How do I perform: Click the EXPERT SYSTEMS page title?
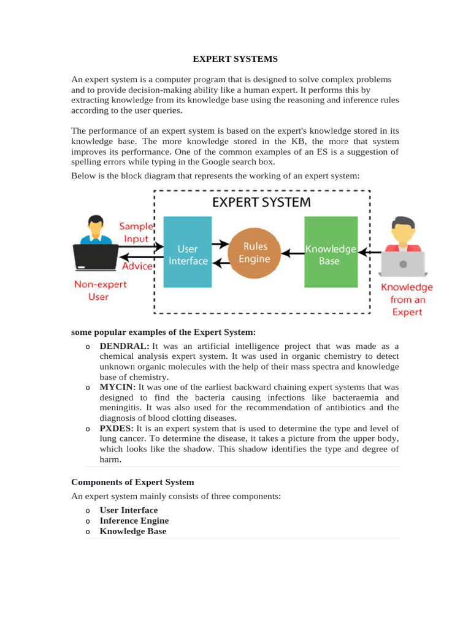[x=235, y=59]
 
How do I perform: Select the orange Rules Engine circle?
[x=256, y=253]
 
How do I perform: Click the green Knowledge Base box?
[x=331, y=251]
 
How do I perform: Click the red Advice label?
[x=137, y=266]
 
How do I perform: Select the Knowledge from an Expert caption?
[x=407, y=299]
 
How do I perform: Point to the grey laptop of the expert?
[x=402, y=264]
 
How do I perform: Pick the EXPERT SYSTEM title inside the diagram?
[x=262, y=202]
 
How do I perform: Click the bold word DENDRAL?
[x=124, y=346]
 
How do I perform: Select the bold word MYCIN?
[x=118, y=387]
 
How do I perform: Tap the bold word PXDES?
[x=117, y=428]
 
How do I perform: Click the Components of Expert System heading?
[x=132, y=482]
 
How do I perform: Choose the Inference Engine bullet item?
[x=134, y=521]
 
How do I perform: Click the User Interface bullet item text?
[x=129, y=510]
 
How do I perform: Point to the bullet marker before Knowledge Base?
[x=88, y=532]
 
